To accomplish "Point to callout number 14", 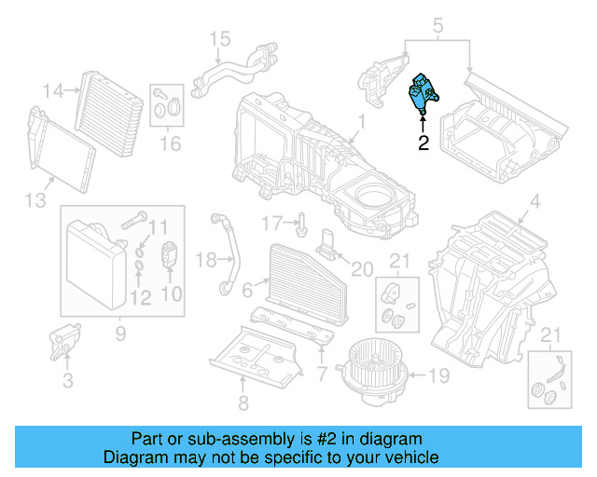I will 53,90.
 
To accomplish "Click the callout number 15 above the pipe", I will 218,39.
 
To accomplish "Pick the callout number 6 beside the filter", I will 248,291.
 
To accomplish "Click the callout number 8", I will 243,402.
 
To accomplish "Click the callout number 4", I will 535,202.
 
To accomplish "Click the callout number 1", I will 361,120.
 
